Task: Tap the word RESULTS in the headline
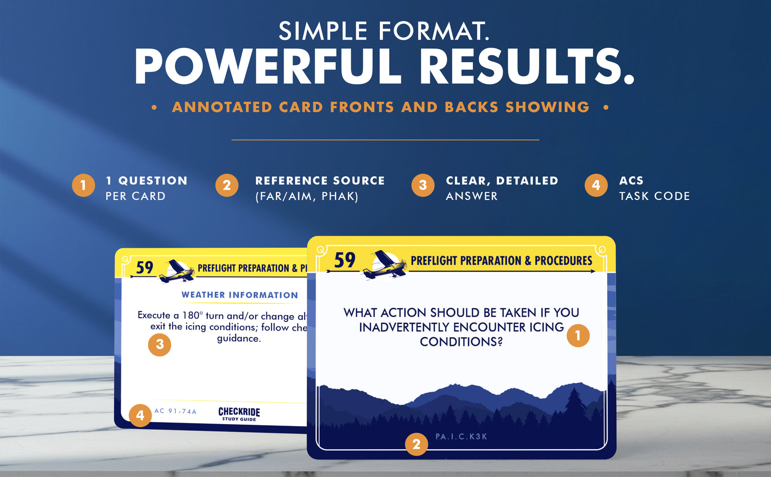(x=527, y=66)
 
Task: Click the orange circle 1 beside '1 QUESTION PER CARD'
(x=83, y=185)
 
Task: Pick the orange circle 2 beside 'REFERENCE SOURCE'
(x=227, y=185)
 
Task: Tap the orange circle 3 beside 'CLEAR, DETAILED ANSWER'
(x=423, y=185)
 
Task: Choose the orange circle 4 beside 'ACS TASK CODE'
(x=596, y=185)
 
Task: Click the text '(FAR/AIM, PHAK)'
(x=307, y=196)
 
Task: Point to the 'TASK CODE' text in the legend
(x=655, y=196)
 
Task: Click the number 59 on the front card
(x=344, y=260)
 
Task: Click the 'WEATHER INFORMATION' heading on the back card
(x=240, y=295)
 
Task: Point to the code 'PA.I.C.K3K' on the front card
(x=461, y=437)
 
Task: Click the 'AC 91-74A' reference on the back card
(x=175, y=411)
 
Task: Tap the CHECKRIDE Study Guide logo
(x=239, y=414)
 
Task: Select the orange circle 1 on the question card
(x=578, y=336)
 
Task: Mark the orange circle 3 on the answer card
(x=159, y=344)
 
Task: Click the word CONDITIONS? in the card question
(x=461, y=342)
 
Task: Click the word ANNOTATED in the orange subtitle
(x=223, y=107)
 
